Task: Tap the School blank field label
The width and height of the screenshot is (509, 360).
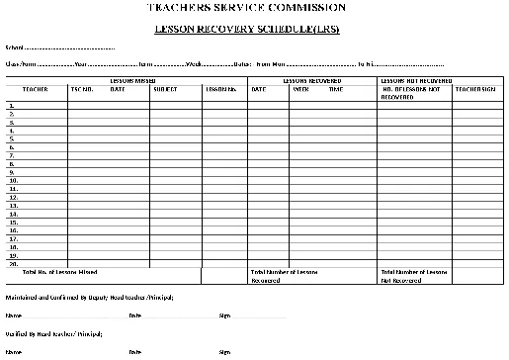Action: click(15, 47)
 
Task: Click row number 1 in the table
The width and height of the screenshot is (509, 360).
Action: click(11, 105)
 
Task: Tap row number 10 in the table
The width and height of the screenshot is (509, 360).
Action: click(13, 181)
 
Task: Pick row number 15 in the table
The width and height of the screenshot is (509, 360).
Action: click(13, 223)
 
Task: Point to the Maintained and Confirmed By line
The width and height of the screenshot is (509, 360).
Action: click(90, 297)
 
